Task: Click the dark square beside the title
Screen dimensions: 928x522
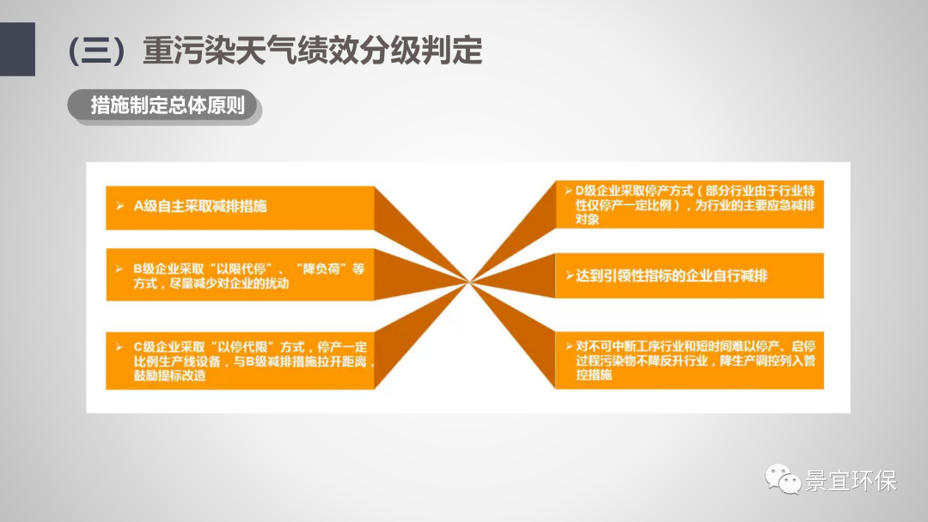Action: (x=17, y=49)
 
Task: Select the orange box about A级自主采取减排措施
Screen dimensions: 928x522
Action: (x=240, y=208)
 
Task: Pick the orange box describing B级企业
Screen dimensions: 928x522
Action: (x=240, y=275)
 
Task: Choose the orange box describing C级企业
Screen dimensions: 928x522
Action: (x=240, y=361)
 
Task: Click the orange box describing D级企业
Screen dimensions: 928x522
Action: (x=689, y=204)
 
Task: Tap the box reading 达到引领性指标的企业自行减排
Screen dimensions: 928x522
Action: (x=689, y=276)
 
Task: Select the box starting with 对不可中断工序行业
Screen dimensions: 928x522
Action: (x=689, y=360)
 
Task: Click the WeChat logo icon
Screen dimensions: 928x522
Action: (x=783, y=479)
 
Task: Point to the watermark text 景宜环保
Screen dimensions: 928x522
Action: (x=851, y=481)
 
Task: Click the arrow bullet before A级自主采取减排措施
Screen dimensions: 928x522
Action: (x=120, y=206)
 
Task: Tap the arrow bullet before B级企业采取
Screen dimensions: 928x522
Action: (x=119, y=269)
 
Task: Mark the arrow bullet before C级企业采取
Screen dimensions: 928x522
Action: (x=119, y=347)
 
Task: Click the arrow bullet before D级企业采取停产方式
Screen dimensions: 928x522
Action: (x=568, y=191)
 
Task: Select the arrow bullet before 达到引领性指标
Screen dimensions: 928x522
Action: (x=570, y=276)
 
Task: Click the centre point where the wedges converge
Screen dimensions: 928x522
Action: (x=469, y=282)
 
